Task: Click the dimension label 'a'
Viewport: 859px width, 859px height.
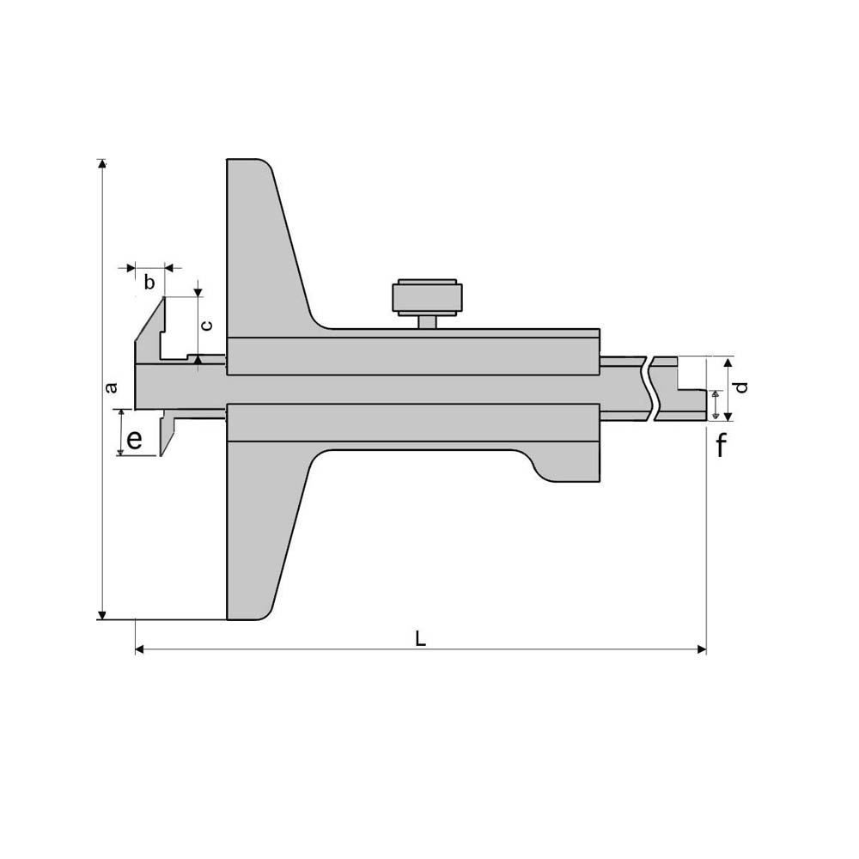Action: click(x=110, y=388)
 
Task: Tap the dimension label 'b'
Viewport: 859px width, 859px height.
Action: click(x=149, y=283)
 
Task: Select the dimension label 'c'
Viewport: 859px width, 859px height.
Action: click(x=206, y=326)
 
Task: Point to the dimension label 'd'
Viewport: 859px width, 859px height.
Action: click(x=743, y=387)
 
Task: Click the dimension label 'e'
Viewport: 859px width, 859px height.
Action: click(x=134, y=441)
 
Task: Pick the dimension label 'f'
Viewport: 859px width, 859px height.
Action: click(x=721, y=446)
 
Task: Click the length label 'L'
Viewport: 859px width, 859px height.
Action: click(x=420, y=638)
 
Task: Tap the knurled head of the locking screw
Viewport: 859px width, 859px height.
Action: click(x=428, y=296)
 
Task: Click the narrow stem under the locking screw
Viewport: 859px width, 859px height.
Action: click(x=428, y=321)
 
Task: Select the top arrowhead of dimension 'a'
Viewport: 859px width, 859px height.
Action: click(x=102, y=164)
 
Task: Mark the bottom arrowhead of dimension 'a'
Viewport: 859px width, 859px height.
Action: click(x=102, y=614)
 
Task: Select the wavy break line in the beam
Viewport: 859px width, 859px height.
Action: click(x=649, y=388)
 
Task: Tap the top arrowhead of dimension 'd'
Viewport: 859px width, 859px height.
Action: click(x=728, y=361)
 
